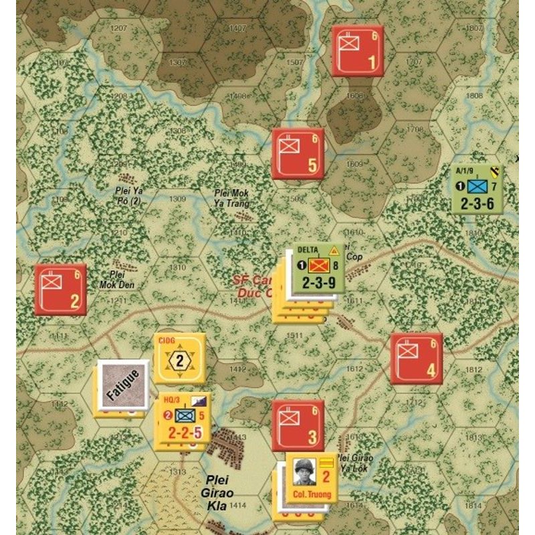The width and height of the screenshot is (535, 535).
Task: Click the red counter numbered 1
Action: click(x=358, y=51)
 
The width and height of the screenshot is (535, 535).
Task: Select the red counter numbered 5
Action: click(x=298, y=154)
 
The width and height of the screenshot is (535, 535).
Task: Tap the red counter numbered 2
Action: click(x=61, y=290)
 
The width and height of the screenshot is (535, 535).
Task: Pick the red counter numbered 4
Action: click(x=417, y=358)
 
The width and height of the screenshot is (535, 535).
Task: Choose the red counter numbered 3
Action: click(x=298, y=426)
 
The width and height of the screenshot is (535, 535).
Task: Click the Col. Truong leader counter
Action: click(x=312, y=476)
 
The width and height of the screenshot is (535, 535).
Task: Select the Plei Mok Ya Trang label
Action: click(x=232, y=198)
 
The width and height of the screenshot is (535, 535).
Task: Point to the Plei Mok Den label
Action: click(x=117, y=278)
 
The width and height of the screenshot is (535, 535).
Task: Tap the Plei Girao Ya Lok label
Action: click(x=354, y=462)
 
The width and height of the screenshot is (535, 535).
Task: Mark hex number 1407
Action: click(x=237, y=29)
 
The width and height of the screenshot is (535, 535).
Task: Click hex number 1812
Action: click(x=473, y=369)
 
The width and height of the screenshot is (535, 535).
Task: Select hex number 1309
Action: click(x=178, y=199)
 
